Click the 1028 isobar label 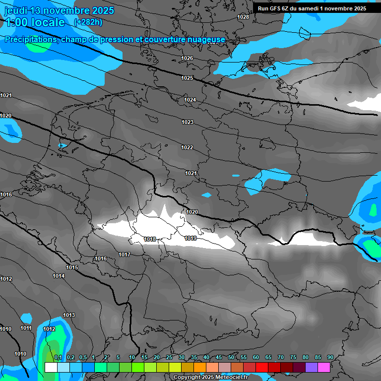pyautogui.click(x=243, y=17)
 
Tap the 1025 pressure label pyautogui.click(x=187, y=78)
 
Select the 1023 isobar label pyautogui.click(x=187, y=122)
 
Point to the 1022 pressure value pyautogui.click(x=187, y=147)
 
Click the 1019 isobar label pyautogui.click(x=190, y=238)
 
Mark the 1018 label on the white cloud pyautogui.click(x=150, y=239)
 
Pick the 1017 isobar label pyautogui.click(x=125, y=254)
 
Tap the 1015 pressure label pyautogui.click(x=72, y=267)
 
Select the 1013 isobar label pyautogui.click(x=69, y=315)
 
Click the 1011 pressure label pyautogui.click(x=26, y=328)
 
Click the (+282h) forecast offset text pyautogui.click(x=88, y=22)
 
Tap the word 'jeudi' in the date pyautogui.click(x=16, y=10)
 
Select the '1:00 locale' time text pyautogui.click(x=35, y=22)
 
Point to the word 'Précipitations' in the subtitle pyautogui.click(x=30, y=39)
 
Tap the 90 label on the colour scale pyautogui.click(x=330, y=357)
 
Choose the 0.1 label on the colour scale pyautogui.click(x=58, y=357)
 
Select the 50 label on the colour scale pyautogui.click(x=231, y=357)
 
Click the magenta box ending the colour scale pyautogui.click(x=324, y=367)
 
